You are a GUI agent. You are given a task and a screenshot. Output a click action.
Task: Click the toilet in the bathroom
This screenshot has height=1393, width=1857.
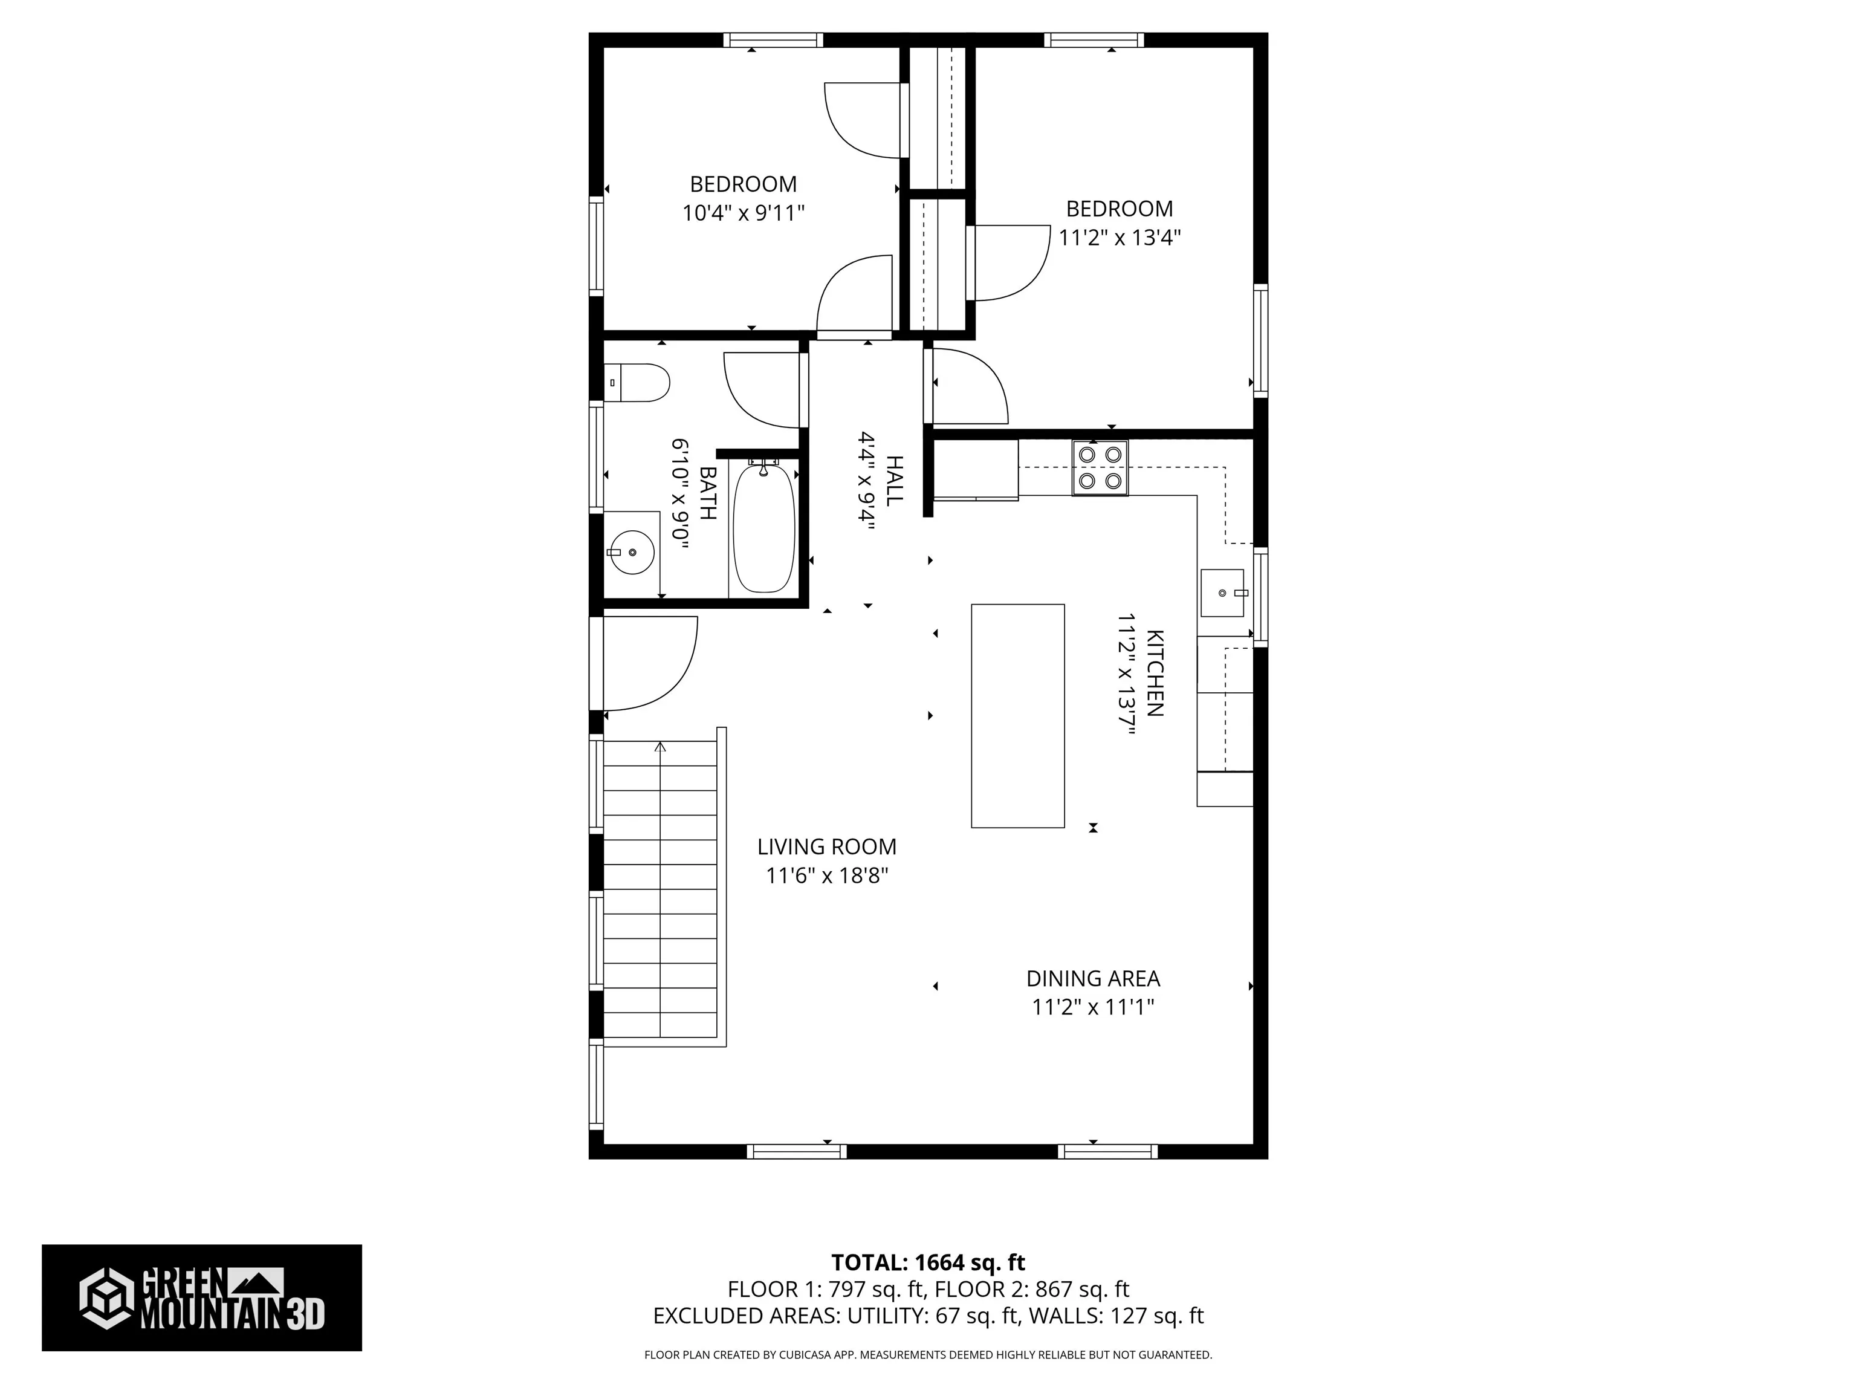coord(637,383)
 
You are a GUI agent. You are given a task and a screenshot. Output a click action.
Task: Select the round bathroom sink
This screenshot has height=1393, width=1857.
coord(630,553)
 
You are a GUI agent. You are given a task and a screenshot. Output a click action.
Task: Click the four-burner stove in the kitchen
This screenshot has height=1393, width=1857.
coord(1100,468)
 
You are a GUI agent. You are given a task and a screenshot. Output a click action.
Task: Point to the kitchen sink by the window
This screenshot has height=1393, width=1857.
coord(1225,593)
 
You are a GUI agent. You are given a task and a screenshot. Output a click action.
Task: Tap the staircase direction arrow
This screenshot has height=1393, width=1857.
coord(661,747)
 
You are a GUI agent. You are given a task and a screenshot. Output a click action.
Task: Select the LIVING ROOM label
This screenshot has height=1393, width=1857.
coord(827,846)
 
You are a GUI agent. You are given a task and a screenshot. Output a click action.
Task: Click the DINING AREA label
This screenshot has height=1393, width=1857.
coord(1093,978)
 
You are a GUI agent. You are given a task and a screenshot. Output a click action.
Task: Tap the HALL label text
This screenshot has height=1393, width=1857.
coord(895,480)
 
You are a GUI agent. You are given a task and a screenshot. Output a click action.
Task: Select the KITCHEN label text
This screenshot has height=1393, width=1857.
coord(1155,674)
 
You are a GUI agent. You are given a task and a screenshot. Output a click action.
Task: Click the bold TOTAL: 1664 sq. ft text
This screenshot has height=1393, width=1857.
coord(928,1262)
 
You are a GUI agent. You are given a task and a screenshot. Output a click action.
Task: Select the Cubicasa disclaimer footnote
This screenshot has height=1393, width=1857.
coord(928,1354)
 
